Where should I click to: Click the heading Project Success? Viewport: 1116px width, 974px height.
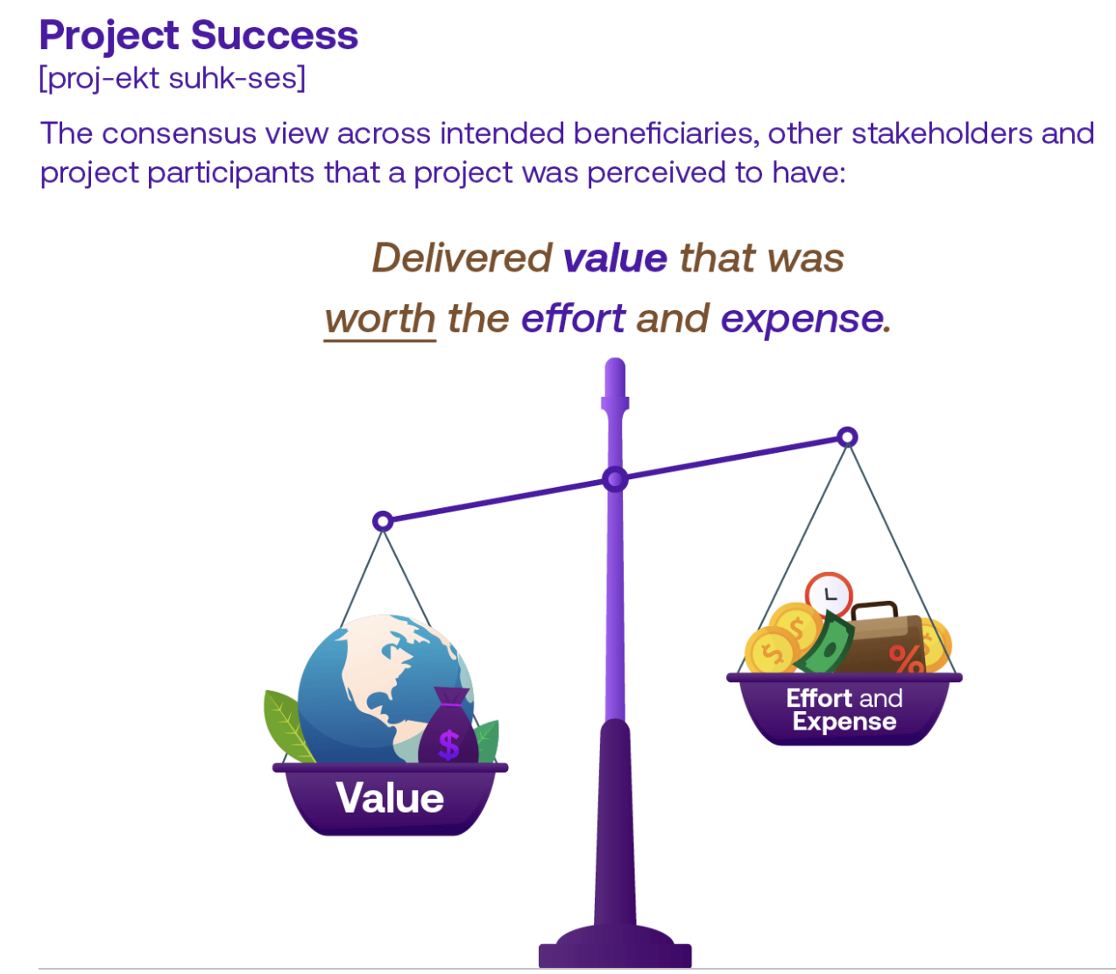pyautogui.click(x=199, y=36)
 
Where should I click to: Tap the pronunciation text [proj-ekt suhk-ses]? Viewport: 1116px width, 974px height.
pyautogui.click(x=173, y=79)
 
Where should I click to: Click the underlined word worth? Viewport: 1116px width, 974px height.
pyautogui.click(x=380, y=319)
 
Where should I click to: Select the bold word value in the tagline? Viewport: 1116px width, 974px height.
pyautogui.click(x=615, y=258)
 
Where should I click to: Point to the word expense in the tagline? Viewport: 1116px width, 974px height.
pyautogui.click(x=802, y=319)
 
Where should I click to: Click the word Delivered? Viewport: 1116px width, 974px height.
pyautogui.click(x=462, y=258)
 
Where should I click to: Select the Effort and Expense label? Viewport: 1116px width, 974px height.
pyautogui.click(x=844, y=710)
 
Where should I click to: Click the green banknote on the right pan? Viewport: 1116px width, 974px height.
pyautogui.click(x=825, y=644)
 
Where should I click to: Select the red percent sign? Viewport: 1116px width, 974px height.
pyautogui.click(x=906, y=657)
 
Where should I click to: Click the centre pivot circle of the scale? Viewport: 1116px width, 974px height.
pyautogui.click(x=615, y=479)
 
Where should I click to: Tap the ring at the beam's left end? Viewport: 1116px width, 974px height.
pyautogui.click(x=382, y=522)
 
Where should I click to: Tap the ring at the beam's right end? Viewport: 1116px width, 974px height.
pyautogui.click(x=847, y=437)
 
